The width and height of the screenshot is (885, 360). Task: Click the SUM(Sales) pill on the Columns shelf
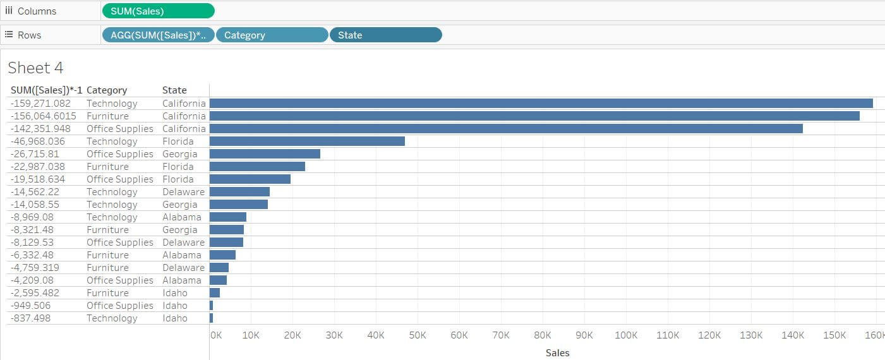pyautogui.click(x=157, y=11)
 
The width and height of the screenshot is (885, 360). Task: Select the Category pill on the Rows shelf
pyautogui.click(x=272, y=35)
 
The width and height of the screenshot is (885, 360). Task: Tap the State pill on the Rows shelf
pyautogui.click(x=385, y=35)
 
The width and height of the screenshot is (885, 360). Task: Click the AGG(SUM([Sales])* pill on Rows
pyautogui.click(x=158, y=35)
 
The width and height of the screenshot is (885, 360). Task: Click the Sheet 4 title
pyautogui.click(x=35, y=68)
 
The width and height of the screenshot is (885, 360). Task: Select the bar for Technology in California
pyautogui.click(x=541, y=104)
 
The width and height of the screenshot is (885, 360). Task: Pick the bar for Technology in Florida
pyautogui.click(x=307, y=141)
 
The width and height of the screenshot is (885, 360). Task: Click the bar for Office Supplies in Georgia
pyautogui.click(x=265, y=154)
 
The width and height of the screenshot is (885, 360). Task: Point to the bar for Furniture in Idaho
pyautogui.click(x=215, y=293)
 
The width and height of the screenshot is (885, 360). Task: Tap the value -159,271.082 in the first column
pyautogui.click(x=41, y=104)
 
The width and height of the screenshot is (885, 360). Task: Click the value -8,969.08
pyautogui.click(x=33, y=217)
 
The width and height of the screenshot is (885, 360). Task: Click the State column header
pyautogui.click(x=174, y=90)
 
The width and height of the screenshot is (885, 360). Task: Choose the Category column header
pyautogui.click(x=107, y=90)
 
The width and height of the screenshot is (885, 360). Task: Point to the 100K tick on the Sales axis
pyautogui.click(x=626, y=335)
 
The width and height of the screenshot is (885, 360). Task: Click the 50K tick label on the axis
pyautogui.click(x=418, y=335)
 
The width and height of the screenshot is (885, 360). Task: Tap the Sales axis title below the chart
pyautogui.click(x=557, y=353)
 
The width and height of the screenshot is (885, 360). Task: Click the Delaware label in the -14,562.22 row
pyautogui.click(x=183, y=192)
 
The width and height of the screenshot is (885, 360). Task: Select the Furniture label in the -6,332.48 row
pyautogui.click(x=107, y=255)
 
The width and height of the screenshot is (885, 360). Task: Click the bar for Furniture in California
pyautogui.click(x=534, y=116)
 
